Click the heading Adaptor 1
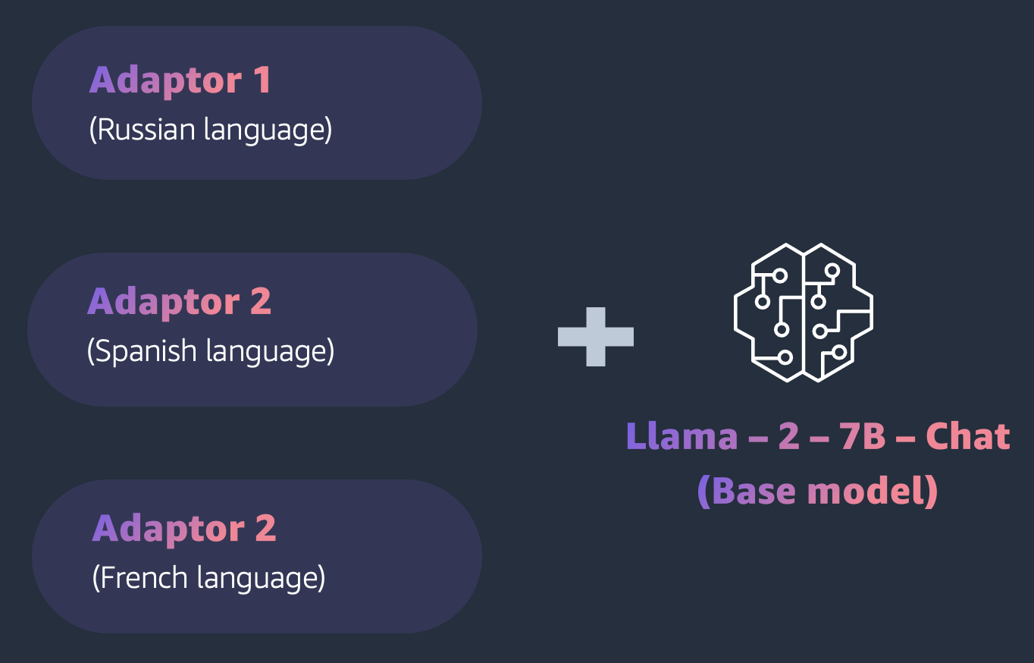click(180, 80)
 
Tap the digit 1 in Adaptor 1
click(262, 80)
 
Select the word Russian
click(146, 130)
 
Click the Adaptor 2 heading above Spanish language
click(179, 302)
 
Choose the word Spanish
click(145, 352)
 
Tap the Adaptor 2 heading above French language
click(184, 529)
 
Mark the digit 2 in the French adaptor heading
click(265, 529)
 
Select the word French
click(143, 578)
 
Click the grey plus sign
click(596, 337)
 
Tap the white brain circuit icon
click(804, 313)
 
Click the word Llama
click(681, 437)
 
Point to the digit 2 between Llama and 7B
click(788, 437)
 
